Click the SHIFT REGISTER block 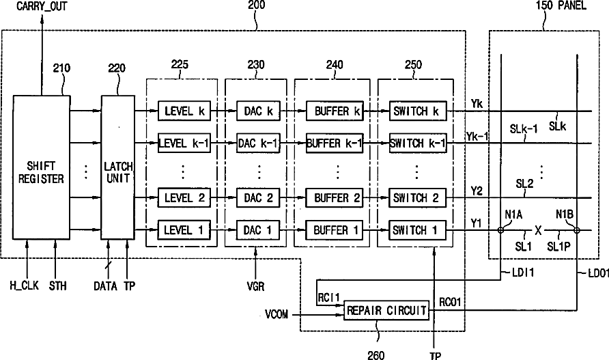coord(42,167)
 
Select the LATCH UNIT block coord(118,167)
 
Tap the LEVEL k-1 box coord(184,143)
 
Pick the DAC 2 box coord(258,198)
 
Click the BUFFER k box coord(335,111)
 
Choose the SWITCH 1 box coord(418,230)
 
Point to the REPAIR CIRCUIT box coord(386,310)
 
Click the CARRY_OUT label coord(42,6)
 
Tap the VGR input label coord(255,287)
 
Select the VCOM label coord(276,314)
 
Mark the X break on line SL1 coord(538,230)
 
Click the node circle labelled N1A coord(501,230)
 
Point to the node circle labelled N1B coord(577,230)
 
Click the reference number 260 coord(376,355)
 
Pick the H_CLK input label coord(24,286)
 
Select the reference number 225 coord(180,64)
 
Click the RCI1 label coord(328,298)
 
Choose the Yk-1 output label coord(477,136)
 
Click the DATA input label coord(105,286)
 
